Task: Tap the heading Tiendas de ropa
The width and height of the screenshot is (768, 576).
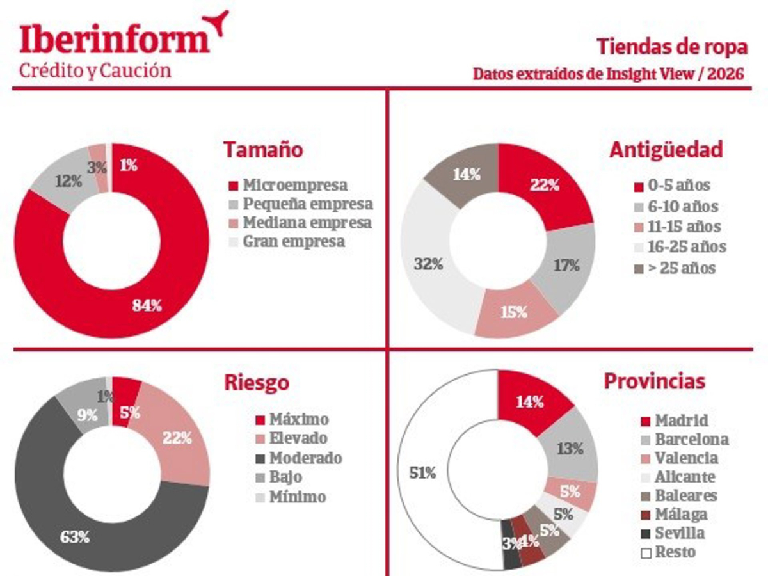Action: point(671,46)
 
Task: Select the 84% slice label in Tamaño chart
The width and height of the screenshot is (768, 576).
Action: point(147,305)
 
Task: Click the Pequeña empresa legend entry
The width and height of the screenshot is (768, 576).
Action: point(301,205)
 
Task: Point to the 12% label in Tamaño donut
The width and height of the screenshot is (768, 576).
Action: point(67,181)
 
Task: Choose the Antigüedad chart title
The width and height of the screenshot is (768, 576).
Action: point(666,150)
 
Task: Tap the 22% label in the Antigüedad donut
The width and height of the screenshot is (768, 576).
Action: point(545,186)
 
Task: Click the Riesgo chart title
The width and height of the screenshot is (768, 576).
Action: point(257,382)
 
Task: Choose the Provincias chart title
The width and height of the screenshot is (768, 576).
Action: point(654,381)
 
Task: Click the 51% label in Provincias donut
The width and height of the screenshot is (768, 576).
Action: point(422,473)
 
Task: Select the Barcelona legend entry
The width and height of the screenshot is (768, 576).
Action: point(684,440)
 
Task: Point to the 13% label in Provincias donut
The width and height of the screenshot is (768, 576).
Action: point(569,449)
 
